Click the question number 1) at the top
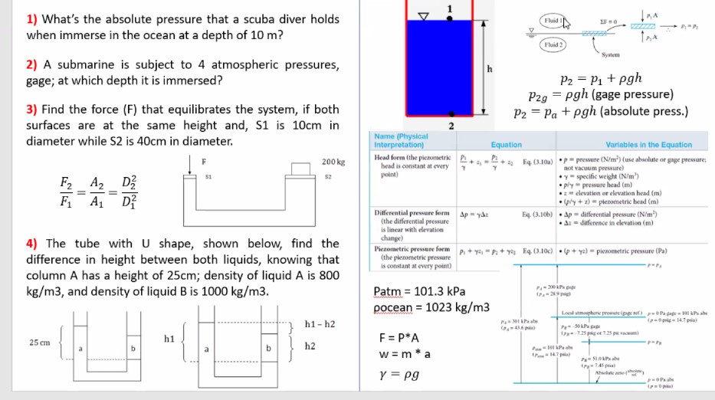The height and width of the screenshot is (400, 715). tap(33, 18)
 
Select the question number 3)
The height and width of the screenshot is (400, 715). tap(33, 109)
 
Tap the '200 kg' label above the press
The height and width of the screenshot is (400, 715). tap(334, 162)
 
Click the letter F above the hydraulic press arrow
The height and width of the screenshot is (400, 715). tap(203, 161)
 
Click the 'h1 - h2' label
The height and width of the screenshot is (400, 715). tap(320, 325)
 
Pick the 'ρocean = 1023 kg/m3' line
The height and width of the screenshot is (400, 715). tap(431, 307)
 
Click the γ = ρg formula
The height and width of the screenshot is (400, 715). tap(398, 378)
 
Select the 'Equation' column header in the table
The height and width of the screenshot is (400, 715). tap(506, 145)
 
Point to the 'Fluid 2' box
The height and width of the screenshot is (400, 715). tap(552, 44)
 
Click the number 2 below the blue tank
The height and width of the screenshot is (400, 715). tap(452, 126)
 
